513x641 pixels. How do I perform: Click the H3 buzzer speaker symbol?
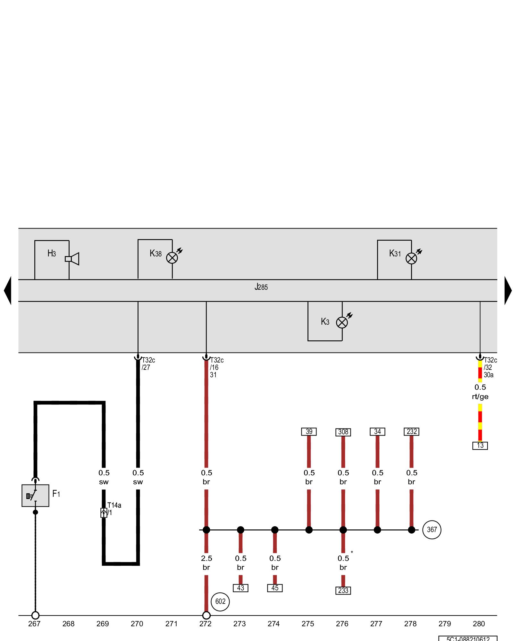point(72,259)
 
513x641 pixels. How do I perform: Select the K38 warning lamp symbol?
point(172,258)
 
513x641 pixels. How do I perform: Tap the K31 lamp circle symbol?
point(411,258)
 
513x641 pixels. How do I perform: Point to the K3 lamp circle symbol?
point(342,322)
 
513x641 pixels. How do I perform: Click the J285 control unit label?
point(261,287)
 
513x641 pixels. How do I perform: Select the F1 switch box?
point(35,495)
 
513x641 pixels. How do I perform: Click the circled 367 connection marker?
point(432,530)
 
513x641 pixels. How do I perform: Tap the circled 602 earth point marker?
point(220,602)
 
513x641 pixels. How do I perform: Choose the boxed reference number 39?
point(309,432)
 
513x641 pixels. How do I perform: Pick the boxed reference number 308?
point(343,432)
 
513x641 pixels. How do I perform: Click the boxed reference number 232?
point(411,432)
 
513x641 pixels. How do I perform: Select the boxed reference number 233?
point(343,590)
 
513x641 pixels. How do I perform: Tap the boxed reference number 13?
point(480,445)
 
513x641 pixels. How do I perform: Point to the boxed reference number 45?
point(275,588)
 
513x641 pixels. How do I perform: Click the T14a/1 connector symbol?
point(104,513)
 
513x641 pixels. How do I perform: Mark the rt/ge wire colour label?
point(480,397)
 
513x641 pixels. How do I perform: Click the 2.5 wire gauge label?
point(206,558)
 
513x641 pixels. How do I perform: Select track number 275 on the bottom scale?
point(308,624)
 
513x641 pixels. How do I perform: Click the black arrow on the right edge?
point(508,290)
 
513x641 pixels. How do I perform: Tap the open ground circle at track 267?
point(35,615)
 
